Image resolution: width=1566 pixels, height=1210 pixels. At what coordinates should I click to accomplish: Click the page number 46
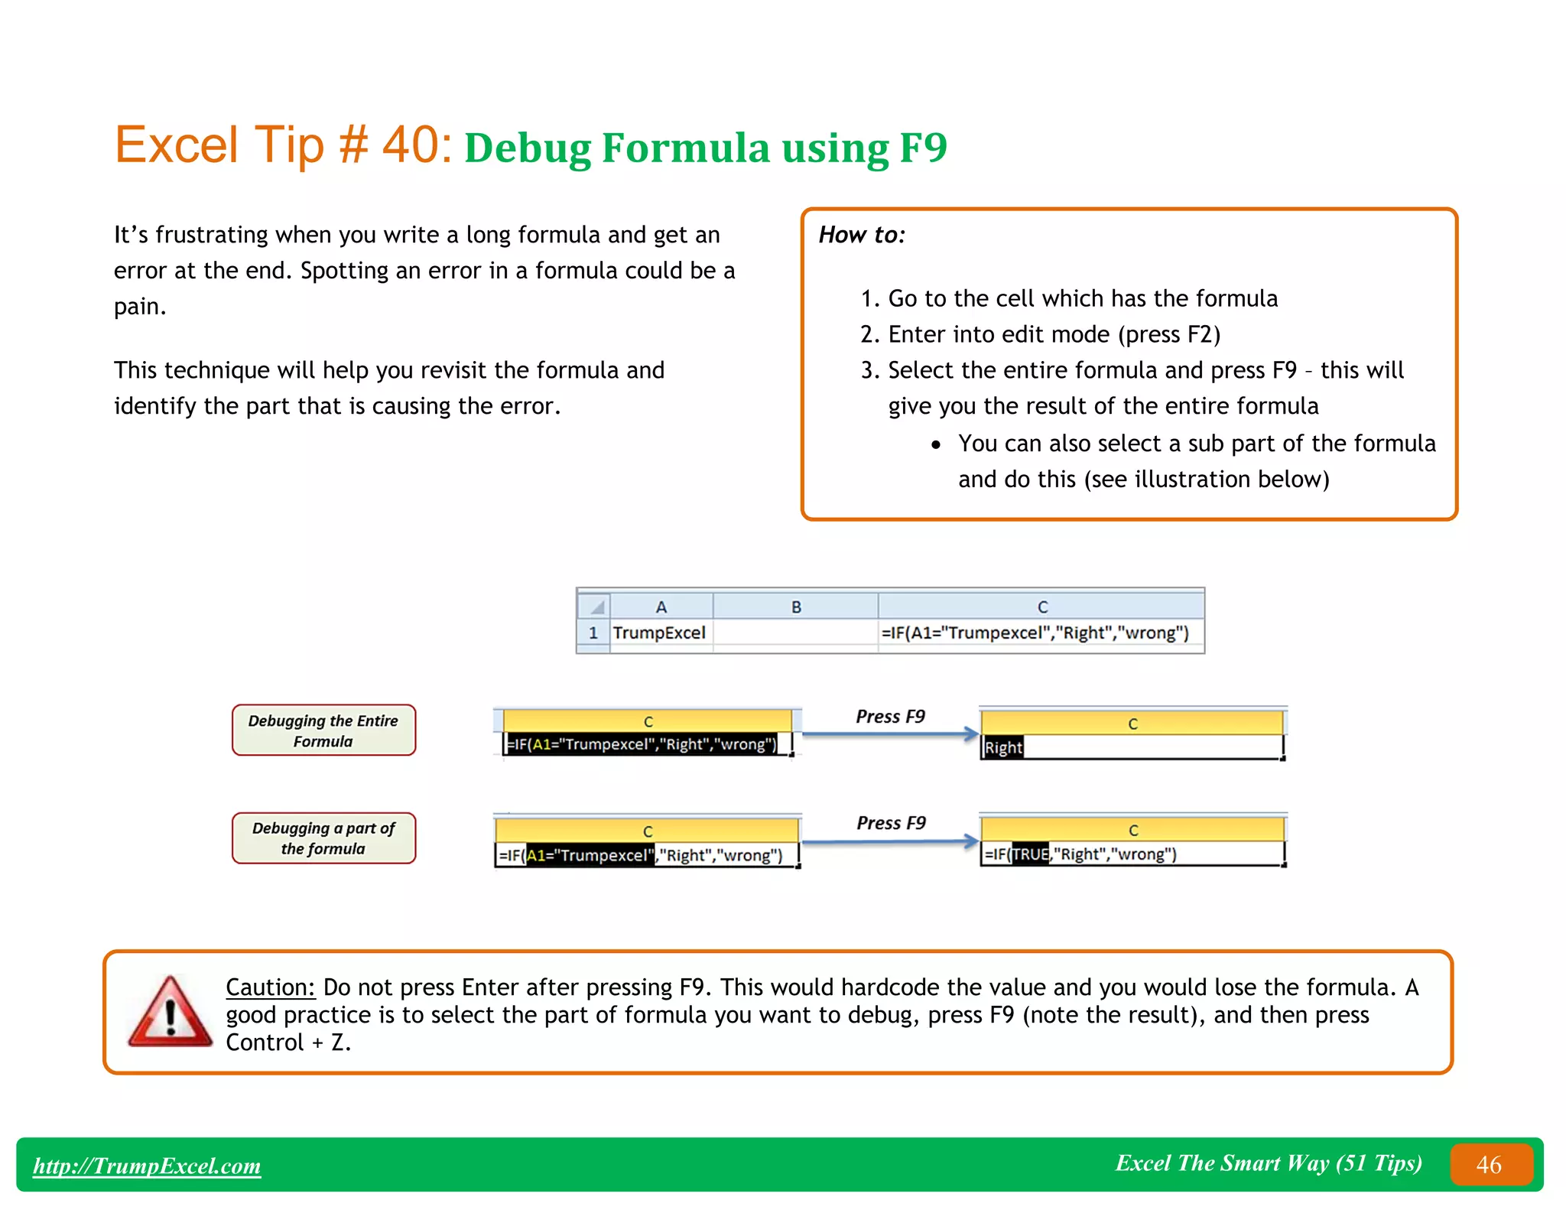coord(1488,1164)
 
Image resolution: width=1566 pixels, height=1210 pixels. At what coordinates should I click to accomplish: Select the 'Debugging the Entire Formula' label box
coord(323,730)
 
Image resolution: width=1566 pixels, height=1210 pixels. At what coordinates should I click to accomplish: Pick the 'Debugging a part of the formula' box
coord(323,838)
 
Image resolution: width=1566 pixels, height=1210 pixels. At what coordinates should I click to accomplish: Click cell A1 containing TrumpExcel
coord(659,633)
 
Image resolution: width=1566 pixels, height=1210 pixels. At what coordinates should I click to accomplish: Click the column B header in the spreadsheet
coord(795,607)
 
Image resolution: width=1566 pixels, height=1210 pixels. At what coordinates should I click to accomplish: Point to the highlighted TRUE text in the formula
coord(1030,854)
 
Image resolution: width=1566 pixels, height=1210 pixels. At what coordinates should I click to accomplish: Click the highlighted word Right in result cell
coord(1002,747)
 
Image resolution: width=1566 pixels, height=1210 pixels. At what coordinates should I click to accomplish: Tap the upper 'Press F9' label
coord(890,717)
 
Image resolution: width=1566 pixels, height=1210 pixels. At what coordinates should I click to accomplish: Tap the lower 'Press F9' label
coord(891,823)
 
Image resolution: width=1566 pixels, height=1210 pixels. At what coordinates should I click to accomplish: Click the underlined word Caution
coord(270,987)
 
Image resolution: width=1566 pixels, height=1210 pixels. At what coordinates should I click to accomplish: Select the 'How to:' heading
coord(862,235)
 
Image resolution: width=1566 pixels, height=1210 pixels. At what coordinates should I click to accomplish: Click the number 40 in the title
coord(411,145)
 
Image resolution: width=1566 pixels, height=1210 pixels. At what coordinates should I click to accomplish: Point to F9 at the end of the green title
coord(923,148)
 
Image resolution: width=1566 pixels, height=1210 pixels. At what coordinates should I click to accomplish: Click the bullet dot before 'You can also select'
coord(935,444)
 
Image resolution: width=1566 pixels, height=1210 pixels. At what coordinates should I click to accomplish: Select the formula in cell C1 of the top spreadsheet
coord(1035,633)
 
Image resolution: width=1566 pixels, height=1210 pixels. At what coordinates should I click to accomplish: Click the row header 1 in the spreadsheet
coord(593,633)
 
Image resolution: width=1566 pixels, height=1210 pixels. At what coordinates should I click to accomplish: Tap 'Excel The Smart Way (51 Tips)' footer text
coord(1268,1163)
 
